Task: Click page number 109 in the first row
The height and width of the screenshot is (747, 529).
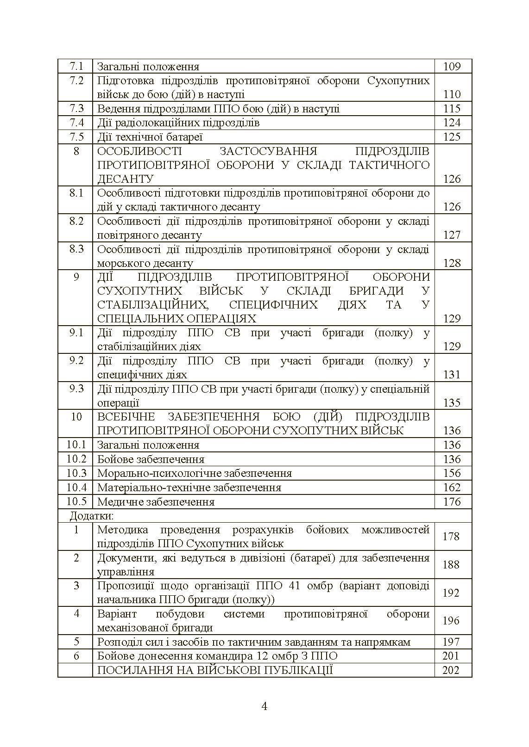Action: [452, 67]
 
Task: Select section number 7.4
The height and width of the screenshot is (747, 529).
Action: [76, 123]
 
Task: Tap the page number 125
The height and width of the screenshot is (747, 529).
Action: [452, 137]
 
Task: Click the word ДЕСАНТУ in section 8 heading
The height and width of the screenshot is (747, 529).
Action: [125, 179]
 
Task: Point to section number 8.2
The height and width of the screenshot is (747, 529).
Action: [76, 221]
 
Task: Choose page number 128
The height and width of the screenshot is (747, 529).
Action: [452, 263]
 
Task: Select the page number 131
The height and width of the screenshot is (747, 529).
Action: [452, 375]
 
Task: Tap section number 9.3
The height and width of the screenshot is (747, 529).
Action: [76, 389]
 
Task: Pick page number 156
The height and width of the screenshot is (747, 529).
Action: [452, 473]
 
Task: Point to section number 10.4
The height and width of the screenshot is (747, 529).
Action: [76, 488]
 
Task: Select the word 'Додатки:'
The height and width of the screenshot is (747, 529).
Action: [92, 515]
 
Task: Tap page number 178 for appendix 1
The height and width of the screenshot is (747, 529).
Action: [451, 537]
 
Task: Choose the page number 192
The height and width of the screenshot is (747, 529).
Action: [451, 593]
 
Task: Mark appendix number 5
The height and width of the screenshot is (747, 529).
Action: [76, 642]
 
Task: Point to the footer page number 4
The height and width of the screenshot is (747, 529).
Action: [264, 706]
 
